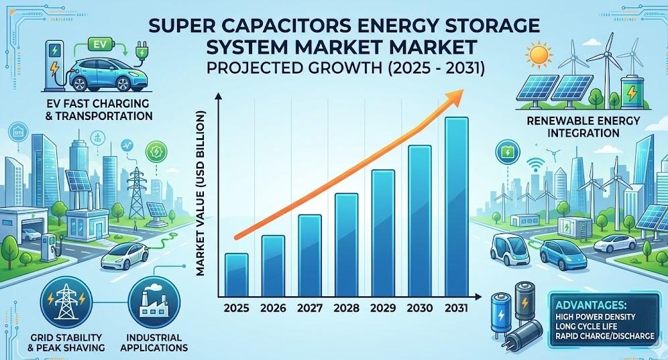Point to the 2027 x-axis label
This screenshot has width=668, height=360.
pyautogui.click(x=309, y=310)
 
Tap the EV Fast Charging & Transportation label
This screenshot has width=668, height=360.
pyautogui.click(x=87, y=109)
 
